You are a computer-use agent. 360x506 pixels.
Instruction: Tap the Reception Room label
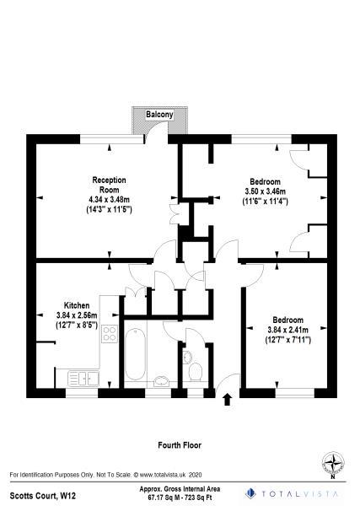tap(110, 185)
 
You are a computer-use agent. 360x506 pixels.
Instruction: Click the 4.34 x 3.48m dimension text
tap(110, 200)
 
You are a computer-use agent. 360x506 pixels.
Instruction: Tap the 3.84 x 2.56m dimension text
tap(73, 315)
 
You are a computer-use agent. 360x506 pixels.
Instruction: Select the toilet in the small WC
tap(196, 371)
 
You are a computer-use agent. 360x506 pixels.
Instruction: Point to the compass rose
tap(336, 463)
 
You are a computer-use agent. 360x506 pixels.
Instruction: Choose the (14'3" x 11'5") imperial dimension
tap(109, 209)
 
